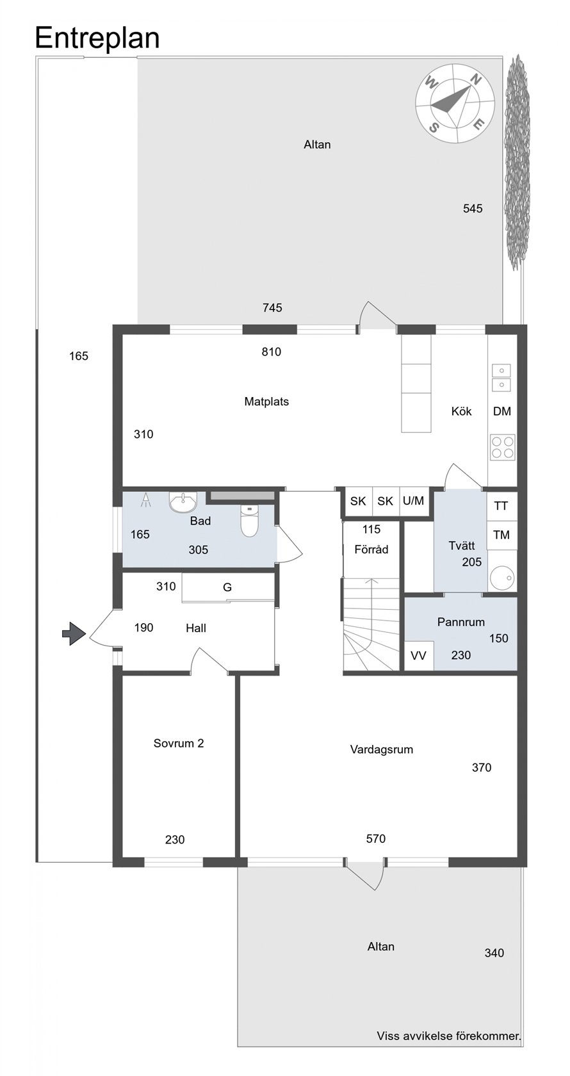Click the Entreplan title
click(97, 38)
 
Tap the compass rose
click(455, 103)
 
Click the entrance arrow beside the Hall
click(74, 633)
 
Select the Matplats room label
click(266, 402)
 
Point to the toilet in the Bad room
click(249, 521)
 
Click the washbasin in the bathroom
click(183, 501)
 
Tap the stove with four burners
click(503, 447)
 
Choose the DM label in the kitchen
click(502, 411)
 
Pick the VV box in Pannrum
click(419, 655)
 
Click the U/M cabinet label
click(414, 501)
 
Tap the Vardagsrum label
click(382, 749)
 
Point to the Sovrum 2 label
click(179, 743)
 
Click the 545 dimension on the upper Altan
click(473, 209)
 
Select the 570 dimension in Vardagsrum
click(375, 839)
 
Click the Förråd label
click(371, 549)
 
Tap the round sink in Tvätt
click(502, 577)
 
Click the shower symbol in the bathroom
click(146, 500)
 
